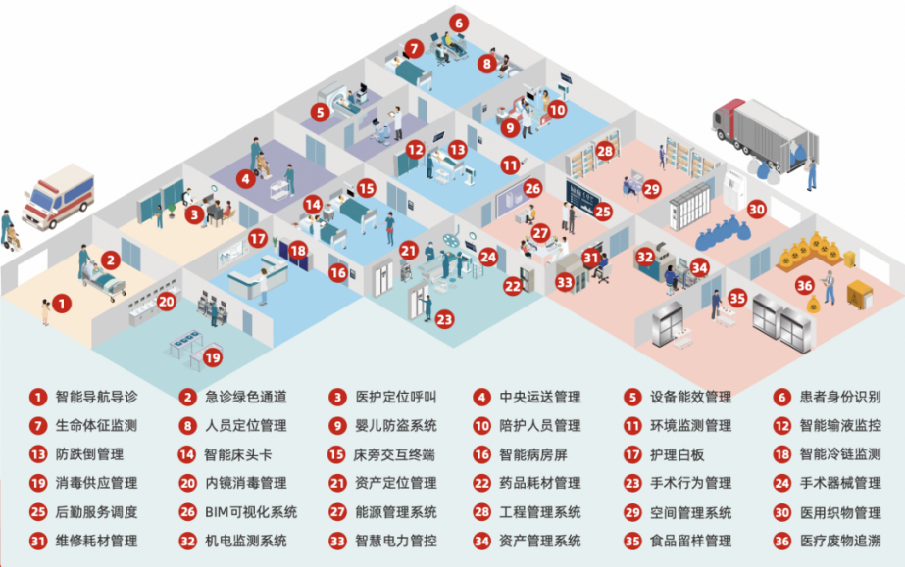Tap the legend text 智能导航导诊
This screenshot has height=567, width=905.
point(97,397)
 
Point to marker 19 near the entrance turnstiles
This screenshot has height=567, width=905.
point(213,358)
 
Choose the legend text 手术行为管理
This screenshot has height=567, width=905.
point(691,483)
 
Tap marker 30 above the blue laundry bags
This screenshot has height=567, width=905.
point(756,209)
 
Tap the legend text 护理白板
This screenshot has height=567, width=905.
point(678,454)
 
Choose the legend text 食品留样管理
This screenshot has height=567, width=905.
point(691,540)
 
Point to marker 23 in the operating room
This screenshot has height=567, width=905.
point(444,318)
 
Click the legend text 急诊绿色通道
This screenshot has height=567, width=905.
point(246,397)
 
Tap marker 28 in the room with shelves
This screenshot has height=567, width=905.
point(604,152)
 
